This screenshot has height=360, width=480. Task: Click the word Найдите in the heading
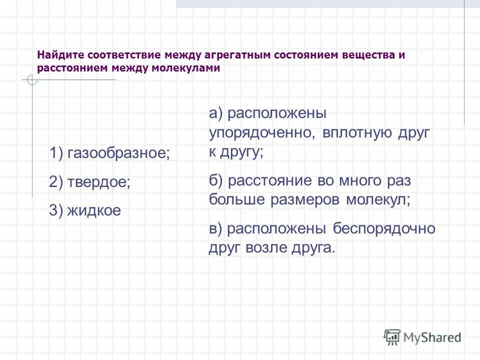pyautogui.click(x=59, y=55)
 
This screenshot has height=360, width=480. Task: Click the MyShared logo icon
pyautogui.click(x=392, y=337)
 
